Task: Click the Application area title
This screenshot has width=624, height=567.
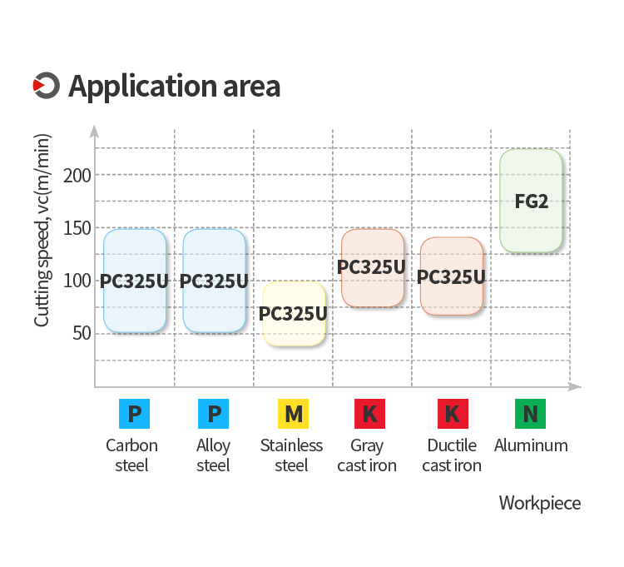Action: [175, 87]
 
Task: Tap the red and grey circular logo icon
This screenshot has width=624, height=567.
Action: [46, 85]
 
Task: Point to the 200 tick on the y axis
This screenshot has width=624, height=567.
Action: [77, 175]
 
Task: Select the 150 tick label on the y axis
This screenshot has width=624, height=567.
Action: [77, 228]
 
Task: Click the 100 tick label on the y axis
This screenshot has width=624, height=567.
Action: [77, 281]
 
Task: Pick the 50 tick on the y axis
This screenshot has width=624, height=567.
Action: [82, 333]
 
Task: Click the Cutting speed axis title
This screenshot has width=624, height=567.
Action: [42, 230]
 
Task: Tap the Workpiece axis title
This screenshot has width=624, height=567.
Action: [540, 504]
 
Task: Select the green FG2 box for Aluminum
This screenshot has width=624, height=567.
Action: [531, 201]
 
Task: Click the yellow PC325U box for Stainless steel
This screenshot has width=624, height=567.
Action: [294, 313]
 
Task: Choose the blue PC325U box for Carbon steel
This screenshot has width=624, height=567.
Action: [135, 281]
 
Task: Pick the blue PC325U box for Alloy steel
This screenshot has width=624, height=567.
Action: [214, 281]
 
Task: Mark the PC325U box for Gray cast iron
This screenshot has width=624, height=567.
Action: [373, 268]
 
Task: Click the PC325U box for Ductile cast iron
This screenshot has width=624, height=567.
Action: [452, 276]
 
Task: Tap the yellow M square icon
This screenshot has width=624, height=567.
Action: [294, 414]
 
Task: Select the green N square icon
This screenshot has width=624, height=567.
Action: [530, 414]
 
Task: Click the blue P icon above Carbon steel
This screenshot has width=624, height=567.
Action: [135, 414]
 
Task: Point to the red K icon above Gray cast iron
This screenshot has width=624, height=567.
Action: [369, 414]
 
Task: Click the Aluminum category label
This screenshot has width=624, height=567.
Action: [531, 445]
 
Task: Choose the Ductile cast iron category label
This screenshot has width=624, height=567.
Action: [452, 455]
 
